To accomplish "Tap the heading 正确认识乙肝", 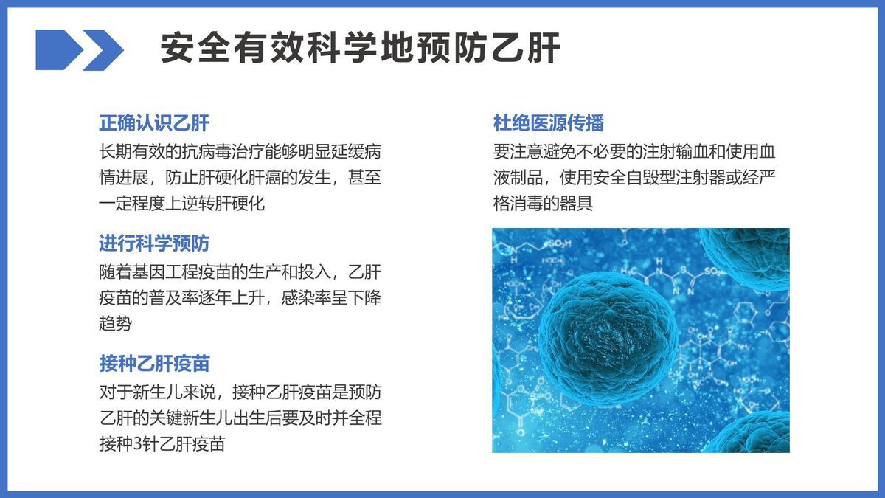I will pos(154,122).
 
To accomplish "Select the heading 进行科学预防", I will pos(154,243).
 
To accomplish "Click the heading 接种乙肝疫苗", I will pos(154,363).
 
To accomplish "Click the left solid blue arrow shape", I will pos(58,50).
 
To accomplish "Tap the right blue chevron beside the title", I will pos(104,50).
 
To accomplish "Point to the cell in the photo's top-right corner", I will pos(749,255).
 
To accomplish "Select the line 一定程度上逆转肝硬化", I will pos(181,204).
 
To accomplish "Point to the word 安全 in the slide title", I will pos(181,49).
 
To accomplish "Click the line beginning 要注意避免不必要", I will pos(634,152).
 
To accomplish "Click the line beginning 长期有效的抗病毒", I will pos(240,152).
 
